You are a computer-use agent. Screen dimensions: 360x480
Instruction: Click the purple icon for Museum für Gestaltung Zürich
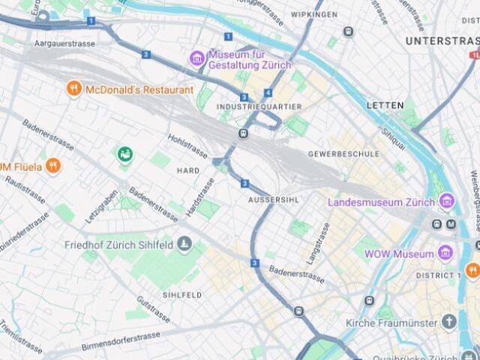(197, 58)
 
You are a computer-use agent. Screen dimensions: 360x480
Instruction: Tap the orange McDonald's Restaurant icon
(73, 89)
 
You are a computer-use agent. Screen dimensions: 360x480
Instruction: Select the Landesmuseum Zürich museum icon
(447, 202)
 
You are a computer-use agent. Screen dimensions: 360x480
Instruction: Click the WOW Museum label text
(399, 254)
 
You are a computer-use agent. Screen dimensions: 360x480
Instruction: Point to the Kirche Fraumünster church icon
(448, 322)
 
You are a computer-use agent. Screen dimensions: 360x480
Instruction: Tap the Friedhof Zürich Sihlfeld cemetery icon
(184, 244)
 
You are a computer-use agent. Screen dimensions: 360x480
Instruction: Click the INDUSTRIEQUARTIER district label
(259, 107)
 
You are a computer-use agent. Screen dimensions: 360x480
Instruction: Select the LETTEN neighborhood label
(385, 105)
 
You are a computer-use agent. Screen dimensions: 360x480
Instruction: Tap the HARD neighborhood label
(187, 171)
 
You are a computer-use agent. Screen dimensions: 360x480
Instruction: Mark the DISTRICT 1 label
(438, 275)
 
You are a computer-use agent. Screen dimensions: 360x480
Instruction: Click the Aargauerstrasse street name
(64, 44)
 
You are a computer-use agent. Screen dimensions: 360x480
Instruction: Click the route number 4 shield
(268, 93)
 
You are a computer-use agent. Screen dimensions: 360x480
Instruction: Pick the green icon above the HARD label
(124, 154)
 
